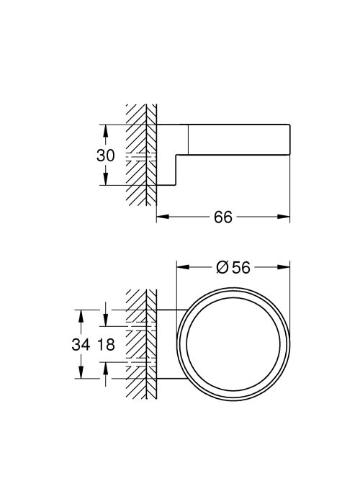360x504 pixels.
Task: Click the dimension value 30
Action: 105,156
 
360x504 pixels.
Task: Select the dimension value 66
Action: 223,217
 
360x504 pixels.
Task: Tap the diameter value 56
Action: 241,267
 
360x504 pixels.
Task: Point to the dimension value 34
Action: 81,345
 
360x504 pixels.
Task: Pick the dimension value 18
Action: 106,345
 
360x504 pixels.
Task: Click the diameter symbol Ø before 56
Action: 222,267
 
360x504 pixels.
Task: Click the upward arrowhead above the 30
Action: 105,131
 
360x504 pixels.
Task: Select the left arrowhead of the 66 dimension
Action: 163,217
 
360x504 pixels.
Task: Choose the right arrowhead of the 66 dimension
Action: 284,217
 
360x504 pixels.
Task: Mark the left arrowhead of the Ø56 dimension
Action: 183,267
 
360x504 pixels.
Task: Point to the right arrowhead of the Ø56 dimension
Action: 284,267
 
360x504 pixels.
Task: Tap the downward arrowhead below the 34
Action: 81,372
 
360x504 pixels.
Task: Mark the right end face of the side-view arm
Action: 290,140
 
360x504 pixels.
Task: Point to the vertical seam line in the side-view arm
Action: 188,140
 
